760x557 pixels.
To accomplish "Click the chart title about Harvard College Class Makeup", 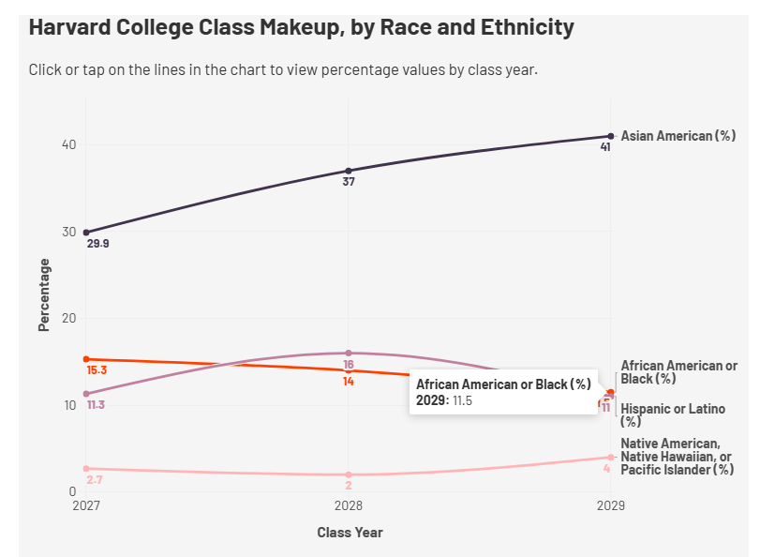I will click(301, 27).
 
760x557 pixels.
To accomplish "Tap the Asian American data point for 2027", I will click(86, 232).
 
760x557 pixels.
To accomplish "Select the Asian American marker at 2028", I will click(348, 171).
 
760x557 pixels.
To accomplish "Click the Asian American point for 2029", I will click(611, 136).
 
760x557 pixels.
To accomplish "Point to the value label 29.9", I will click(97, 244).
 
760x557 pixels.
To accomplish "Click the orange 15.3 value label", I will click(97, 370).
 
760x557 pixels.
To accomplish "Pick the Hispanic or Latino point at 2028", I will click(348, 353).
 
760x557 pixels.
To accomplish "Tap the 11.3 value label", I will click(97, 405).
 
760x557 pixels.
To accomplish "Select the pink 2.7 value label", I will click(94, 480).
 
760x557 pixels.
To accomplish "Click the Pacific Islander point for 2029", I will click(611, 457).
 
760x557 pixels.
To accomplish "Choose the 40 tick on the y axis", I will click(67, 144).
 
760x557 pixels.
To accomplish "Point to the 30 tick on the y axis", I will click(67, 232).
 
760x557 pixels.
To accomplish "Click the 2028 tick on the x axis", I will click(348, 505).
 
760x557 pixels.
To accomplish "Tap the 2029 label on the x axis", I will click(611, 505).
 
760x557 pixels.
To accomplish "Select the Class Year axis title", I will click(350, 533).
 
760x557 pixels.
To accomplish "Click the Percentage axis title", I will click(44, 294).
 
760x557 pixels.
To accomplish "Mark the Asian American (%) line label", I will click(678, 136).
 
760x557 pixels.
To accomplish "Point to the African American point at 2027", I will click(86, 359).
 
